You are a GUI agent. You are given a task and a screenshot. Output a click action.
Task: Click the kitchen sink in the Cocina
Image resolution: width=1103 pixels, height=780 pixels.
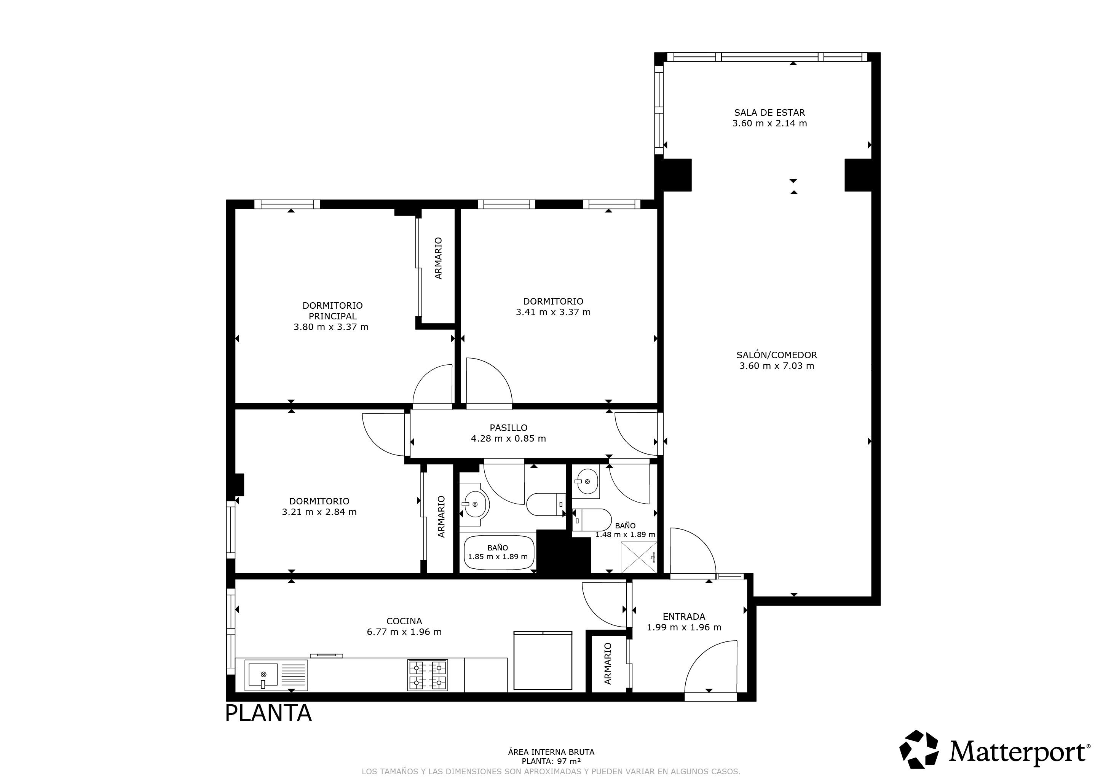point(276,675)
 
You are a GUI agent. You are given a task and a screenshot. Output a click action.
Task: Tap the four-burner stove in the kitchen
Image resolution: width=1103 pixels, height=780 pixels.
point(428,675)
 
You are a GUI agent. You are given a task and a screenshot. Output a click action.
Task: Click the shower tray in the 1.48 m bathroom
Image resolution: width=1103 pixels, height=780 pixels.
point(639,557)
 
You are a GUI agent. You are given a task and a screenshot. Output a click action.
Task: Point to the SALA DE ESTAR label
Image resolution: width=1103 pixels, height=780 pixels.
point(769,112)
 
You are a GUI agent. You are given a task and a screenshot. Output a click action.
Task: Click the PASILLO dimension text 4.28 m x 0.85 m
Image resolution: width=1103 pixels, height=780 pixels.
point(509,438)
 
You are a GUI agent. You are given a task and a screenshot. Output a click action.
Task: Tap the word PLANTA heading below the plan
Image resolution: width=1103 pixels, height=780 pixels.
point(268,713)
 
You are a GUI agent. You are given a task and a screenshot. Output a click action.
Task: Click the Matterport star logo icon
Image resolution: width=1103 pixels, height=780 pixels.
point(919,749)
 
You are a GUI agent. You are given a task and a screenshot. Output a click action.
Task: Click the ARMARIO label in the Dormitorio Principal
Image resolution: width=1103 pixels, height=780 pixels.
point(438,258)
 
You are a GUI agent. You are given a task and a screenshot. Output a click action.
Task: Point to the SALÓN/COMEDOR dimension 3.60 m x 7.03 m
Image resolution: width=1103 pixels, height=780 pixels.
point(777,365)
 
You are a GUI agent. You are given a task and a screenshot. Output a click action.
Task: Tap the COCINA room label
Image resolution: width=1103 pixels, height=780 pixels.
point(404,621)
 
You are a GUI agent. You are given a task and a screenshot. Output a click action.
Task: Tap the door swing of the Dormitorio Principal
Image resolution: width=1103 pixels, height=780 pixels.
point(433,384)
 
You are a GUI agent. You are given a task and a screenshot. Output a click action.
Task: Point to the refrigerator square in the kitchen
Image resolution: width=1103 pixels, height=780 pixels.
point(543,660)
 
